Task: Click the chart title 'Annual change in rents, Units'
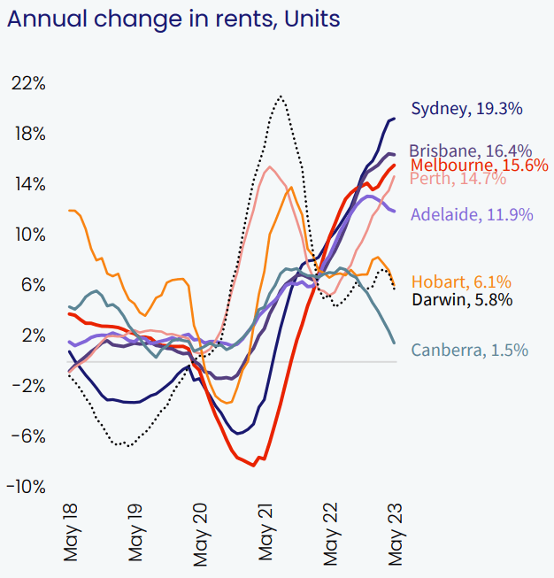point(173,19)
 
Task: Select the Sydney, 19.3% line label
point(466,109)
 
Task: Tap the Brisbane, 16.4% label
point(471,150)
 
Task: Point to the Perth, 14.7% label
point(458,179)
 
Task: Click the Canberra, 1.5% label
point(470,351)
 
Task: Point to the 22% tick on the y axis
point(27,83)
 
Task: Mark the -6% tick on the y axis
point(28,436)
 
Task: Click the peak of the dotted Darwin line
point(281,96)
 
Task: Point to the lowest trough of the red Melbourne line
point(254,465)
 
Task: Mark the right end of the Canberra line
point(394,343)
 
